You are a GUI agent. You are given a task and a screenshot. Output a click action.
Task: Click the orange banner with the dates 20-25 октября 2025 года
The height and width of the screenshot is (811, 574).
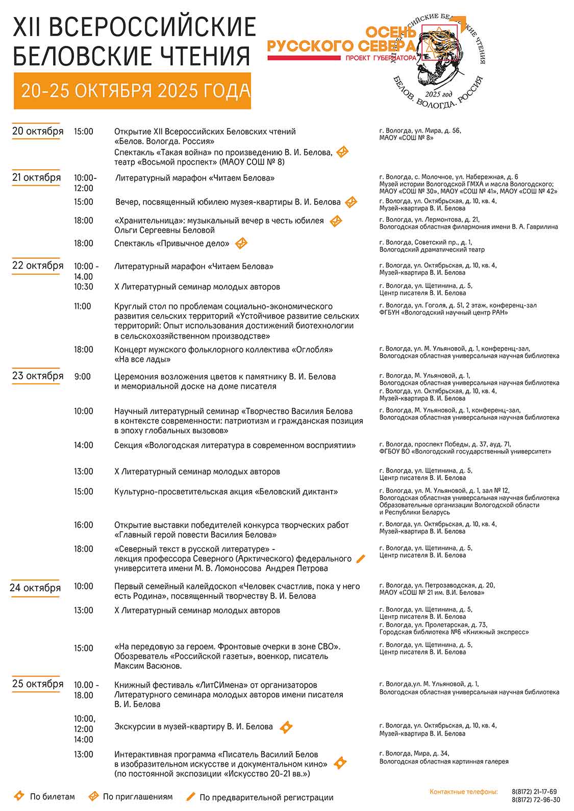pyautogui.click(x=132, y=91)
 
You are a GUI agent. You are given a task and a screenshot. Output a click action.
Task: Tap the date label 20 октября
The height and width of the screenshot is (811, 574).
pyautogui.click(x=38, y=132)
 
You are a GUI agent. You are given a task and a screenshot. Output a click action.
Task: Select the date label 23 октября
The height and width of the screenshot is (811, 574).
pyautogui.click(x=38, y=376)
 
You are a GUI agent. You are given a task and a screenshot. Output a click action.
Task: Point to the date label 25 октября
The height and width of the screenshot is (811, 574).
pyautogui.click(x=38, y=684)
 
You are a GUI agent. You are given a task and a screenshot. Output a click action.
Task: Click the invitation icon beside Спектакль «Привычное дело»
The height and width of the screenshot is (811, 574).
pyautogui.click(x=241, y=244)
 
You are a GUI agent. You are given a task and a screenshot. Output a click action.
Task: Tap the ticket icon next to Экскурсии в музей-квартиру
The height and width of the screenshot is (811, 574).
pyautogui.click(x=286, y=727)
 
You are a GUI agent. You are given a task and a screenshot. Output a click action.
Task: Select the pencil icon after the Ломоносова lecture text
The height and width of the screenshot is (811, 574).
pyautogui.click(x=361, y=559)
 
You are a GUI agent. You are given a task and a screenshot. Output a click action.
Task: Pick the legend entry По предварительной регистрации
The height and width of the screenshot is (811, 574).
pyautogui.click(x=266, y=797)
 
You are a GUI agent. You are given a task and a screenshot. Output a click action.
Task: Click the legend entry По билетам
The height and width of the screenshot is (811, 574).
pyautogui.click(x=52, y=797)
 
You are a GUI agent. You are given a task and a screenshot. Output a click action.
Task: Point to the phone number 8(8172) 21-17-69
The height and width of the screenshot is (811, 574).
pyautogui.click(x=534, y=792)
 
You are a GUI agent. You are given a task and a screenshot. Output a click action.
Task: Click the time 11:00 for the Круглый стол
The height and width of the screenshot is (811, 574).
pyautogui.click(x=83, y=306)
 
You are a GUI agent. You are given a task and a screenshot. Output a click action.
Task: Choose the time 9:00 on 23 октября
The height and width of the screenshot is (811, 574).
pyautogui.click(x=82, y=377)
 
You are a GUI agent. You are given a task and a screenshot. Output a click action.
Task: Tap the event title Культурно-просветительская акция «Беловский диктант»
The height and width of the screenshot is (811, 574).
pyautogui.click(x=226, y=492)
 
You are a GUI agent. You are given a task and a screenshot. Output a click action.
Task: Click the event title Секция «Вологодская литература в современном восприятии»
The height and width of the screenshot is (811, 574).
pyautogui.click(x=235, y=446)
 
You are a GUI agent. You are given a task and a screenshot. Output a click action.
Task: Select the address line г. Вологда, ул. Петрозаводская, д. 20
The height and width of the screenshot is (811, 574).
pyautogui.click(x=437, y=585)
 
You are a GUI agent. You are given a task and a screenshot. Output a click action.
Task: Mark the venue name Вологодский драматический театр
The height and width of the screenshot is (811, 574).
pyautogui.click(x=432, y=250)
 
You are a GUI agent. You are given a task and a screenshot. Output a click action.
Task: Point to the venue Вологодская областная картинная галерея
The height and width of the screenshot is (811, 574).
pyautogui.click(x=444, y=762)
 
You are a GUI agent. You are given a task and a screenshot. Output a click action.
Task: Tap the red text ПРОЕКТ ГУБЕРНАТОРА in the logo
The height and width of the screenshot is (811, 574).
pyautogui.click(x=381, y=58)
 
